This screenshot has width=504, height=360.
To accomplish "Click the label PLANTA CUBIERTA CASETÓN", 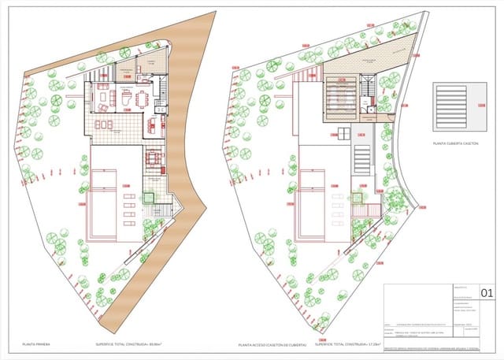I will click(456, 143).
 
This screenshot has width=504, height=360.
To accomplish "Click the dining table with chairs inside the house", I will click(141, 98).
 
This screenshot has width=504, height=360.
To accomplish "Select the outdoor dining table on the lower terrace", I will click(153, 158).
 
